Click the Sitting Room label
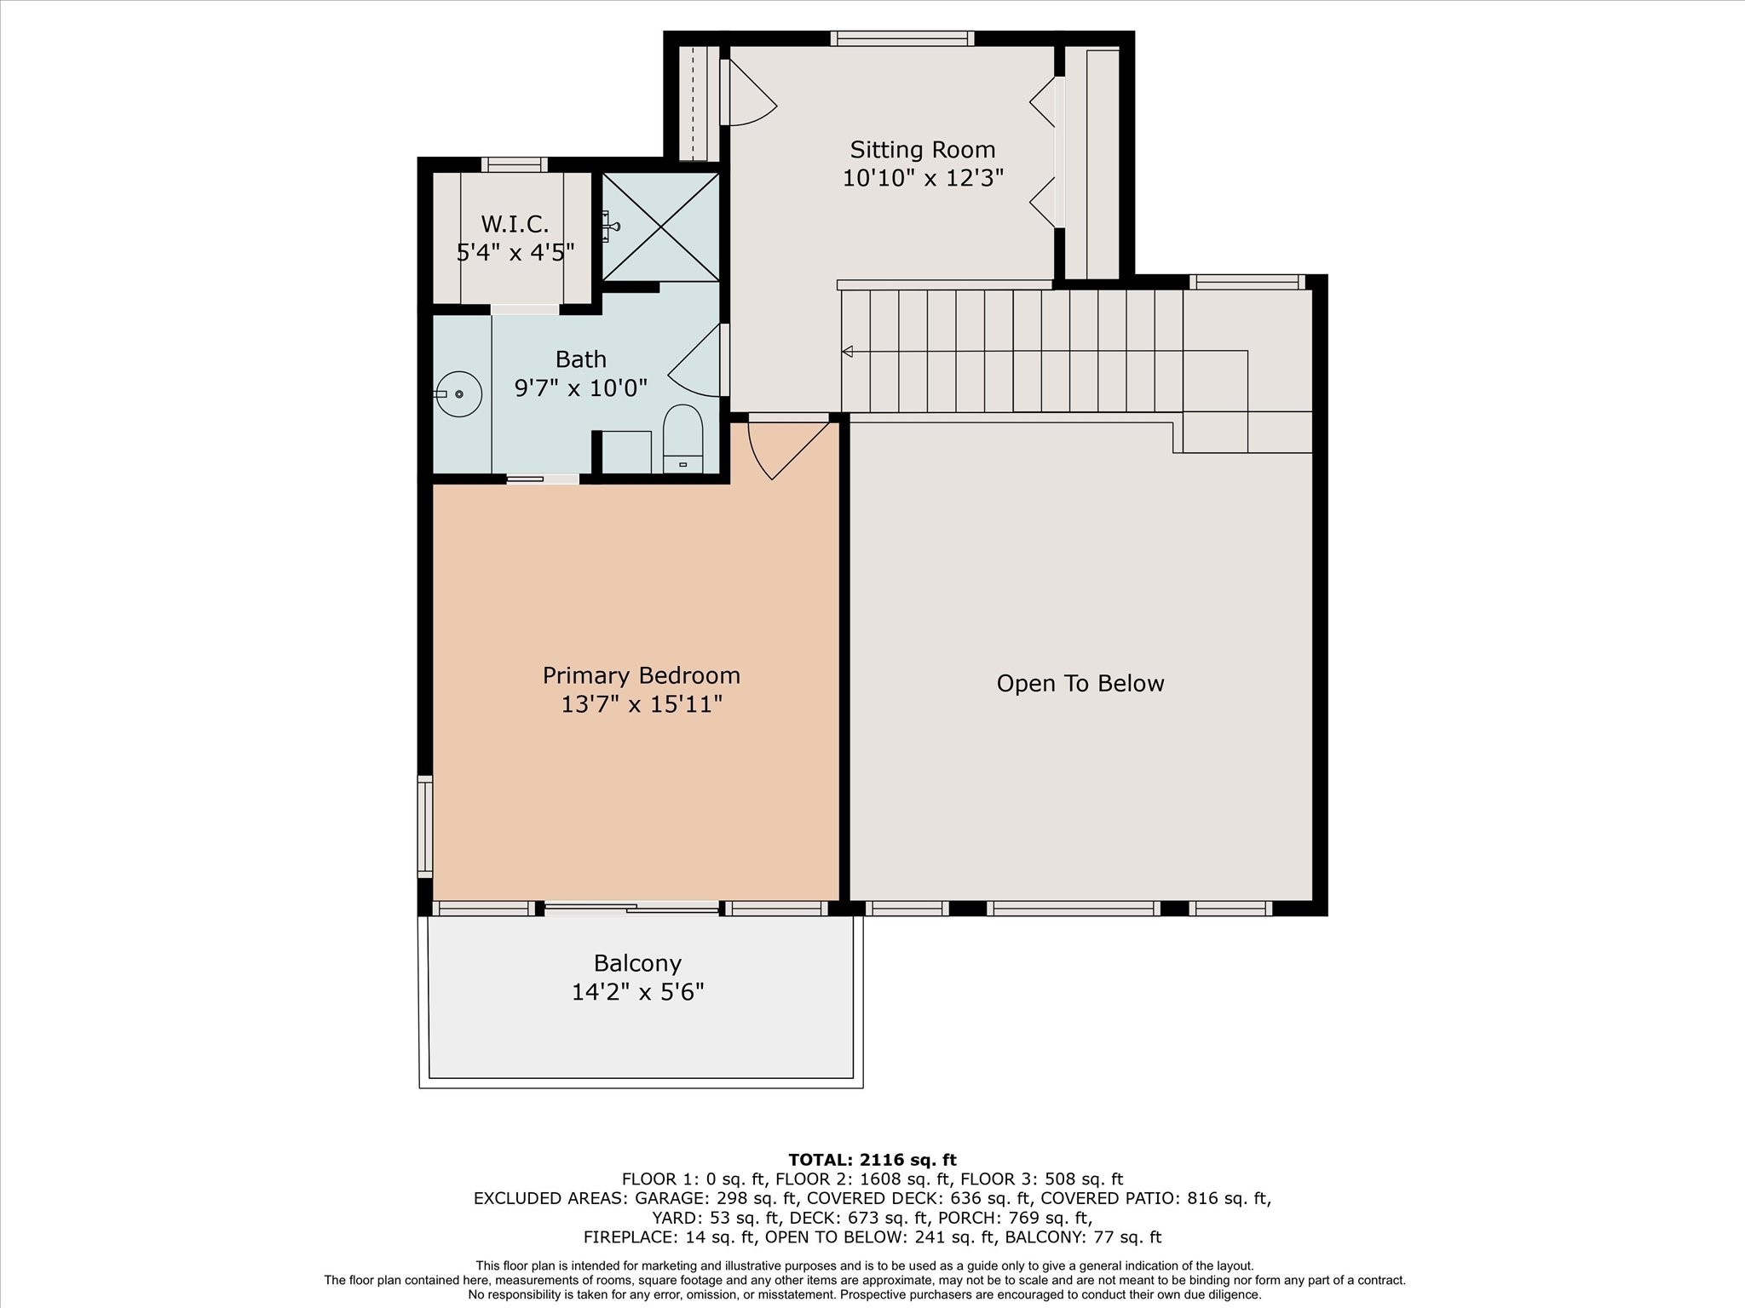[x=922, y=150]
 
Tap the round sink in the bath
[x=458, y=394]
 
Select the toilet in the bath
[x=682, y=438]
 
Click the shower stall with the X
[x=661, y=227]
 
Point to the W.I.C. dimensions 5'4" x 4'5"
[x=515, y=253]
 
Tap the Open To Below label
[x=1080, y=684]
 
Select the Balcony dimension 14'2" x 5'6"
[x=637, y=992]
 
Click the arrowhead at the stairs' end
[x=847, y=351]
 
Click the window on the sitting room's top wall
[x=902, y=38]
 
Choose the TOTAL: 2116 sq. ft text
[x=872, y=1160]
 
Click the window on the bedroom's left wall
[x=424, y=826]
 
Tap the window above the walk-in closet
[x=514, y=165]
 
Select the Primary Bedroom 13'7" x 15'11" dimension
[x=641, y=704]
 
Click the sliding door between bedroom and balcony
[x=631, y=909]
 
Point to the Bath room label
[x=580, y=359]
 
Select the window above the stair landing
[x=1247, y=282]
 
